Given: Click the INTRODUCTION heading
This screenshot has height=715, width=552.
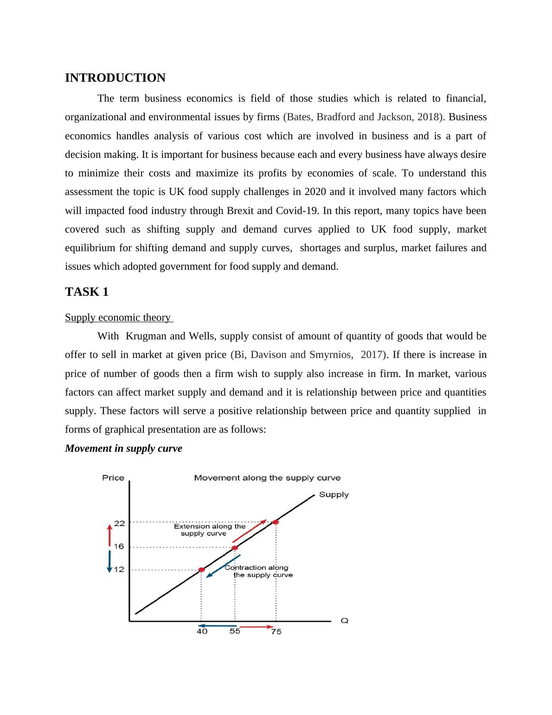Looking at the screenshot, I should tap(115, 78).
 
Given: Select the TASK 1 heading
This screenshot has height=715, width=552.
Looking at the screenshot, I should tap(87, 292).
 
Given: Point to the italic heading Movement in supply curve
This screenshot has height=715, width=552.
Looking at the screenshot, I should tap(123, 448).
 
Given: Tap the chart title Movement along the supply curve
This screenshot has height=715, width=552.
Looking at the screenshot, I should tap(267, 478).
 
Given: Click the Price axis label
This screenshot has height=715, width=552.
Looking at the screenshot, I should tap(113, 478).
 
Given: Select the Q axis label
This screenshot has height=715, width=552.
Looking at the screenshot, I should tap(345, 620).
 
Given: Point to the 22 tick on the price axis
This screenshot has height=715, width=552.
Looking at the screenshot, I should tap(120, 523).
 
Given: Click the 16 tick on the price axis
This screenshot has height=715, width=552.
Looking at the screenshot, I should tap(119, 546).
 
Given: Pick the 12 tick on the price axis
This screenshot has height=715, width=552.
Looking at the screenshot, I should tap(119, 569).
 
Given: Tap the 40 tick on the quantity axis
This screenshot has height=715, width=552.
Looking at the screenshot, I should tap(202, 631).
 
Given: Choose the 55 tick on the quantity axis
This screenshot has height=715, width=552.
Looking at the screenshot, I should tap(235, 631).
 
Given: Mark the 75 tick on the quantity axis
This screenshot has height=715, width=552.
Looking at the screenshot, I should tap(276, 631).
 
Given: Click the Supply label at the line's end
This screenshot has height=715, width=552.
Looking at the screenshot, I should tap(334, 495).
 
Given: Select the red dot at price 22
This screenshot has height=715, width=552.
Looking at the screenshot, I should tap(276, 522).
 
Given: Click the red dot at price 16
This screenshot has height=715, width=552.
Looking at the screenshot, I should tap(235, 548).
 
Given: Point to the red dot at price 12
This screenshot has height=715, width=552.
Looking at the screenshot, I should tap(201, 570).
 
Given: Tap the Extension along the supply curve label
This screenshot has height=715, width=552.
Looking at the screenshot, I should tap(210, 530).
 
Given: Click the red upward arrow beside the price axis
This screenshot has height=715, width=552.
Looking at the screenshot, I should tap(109, 535).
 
